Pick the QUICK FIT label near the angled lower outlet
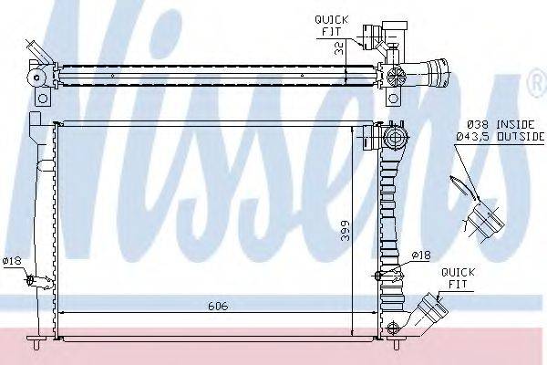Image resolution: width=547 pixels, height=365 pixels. pyautogui.click(x=453, y=277)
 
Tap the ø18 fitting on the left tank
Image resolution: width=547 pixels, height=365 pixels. pyautogui.click(x=32, y=279)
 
